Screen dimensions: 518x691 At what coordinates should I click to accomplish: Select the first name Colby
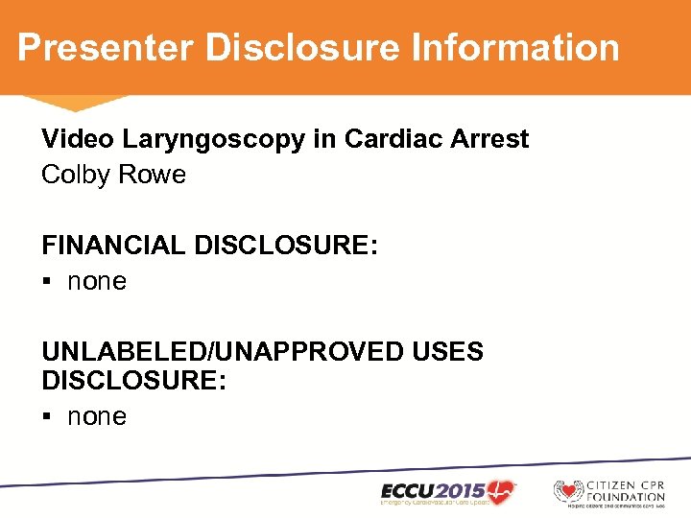tap(74, 176)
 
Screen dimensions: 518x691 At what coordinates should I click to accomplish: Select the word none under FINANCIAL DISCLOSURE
tap(97, 282)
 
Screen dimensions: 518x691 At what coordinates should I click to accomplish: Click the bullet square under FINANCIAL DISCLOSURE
tap(47, 282)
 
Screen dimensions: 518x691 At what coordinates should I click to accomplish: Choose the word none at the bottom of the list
tap(97, 417)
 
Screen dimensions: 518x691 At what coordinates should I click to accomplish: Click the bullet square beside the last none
tap(47, 417)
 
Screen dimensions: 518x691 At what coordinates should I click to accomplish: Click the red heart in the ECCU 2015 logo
tap(500, 488)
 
